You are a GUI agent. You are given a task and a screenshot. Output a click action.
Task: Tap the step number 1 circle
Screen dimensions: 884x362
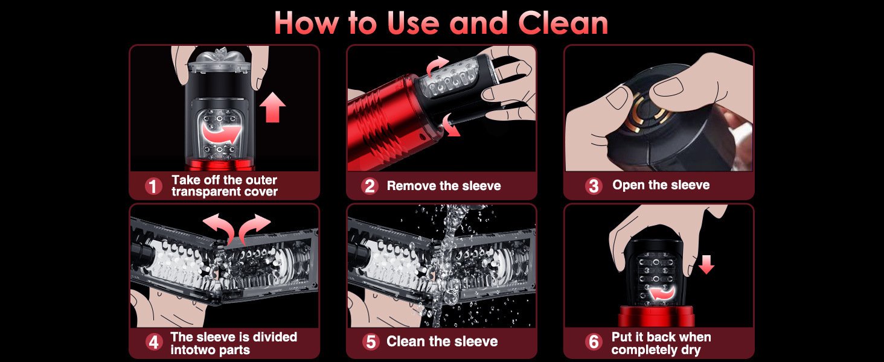coord(153,186)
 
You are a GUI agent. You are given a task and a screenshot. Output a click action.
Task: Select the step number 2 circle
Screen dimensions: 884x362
coord(370,186)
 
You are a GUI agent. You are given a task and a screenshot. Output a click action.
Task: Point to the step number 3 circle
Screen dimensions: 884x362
coord(594,186)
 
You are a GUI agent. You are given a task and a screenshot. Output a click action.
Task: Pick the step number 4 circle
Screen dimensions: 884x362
coord(153,342)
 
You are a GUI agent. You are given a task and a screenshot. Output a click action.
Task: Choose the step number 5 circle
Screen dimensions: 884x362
coord(371,342)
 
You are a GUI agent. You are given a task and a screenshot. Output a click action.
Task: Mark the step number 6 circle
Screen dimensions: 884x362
coord(594,342)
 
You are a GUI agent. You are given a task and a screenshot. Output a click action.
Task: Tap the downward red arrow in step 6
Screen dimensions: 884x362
coord(706,264)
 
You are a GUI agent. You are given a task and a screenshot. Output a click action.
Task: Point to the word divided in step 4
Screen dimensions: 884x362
coord(275,337)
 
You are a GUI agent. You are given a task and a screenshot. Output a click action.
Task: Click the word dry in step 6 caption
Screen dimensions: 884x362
coord(691,350)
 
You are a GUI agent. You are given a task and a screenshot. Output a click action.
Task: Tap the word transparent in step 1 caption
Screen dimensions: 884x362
coord(202,192)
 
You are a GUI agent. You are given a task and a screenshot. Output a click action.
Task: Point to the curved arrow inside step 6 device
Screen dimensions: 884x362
coord(658,293)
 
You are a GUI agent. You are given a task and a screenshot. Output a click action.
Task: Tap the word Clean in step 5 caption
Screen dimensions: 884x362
coord(404,341)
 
